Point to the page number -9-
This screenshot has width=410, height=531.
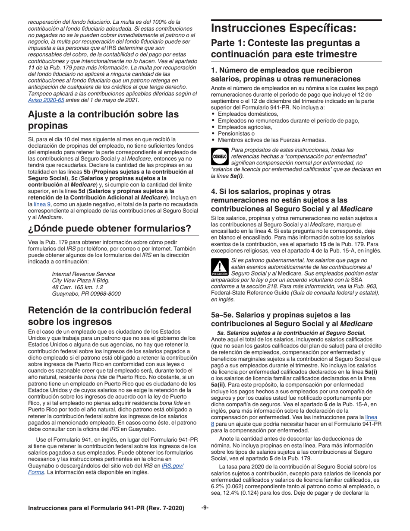pyautogui.click(x=205, y=508)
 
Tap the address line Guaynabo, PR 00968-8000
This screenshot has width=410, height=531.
pyautogui.click(x=86, y=294)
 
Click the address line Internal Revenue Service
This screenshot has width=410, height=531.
pyautogui.click(x=83, y=274)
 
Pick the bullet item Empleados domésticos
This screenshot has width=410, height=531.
pyautogui.click(x=248, y=114)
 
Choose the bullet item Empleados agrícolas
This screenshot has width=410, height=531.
pyautogui.click(x=245, y=127)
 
